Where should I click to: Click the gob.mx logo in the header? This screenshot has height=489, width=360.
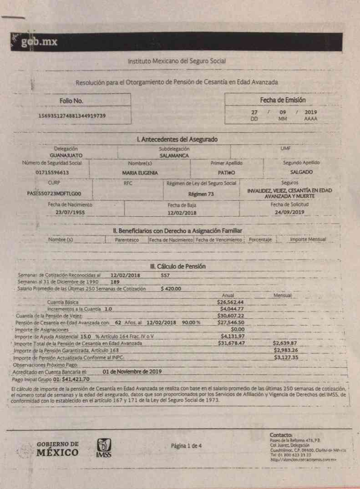(x=38, y=43)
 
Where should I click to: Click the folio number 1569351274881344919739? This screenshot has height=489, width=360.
(x=72, y=116)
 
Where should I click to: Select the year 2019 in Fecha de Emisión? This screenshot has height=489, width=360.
(x=311, y=112)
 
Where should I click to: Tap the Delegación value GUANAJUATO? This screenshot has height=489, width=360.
(x=66, y=155)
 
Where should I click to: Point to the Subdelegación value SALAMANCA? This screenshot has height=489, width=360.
(x=174, y=155)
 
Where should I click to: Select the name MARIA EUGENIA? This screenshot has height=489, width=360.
(x=140, y=173)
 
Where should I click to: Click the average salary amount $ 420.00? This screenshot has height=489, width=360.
(x=171, y=289)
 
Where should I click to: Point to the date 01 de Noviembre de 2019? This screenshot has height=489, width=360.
(x=132, y=372)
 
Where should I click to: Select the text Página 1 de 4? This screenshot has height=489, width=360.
(x=187, y=445)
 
